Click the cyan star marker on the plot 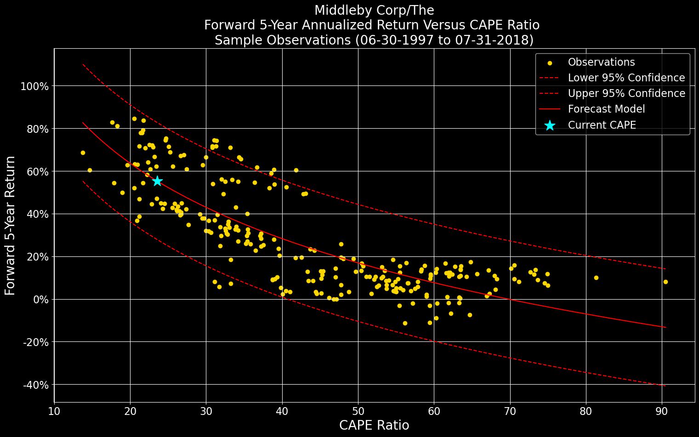157,181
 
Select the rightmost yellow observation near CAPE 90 665,282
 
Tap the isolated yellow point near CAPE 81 596,278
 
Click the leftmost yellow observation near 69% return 83,153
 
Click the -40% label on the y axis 35,385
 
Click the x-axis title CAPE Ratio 374,426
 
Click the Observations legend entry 601,62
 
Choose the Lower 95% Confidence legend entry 626,78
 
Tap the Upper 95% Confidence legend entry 626,93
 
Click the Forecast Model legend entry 606,109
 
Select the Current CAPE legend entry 602,125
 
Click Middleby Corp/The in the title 374,10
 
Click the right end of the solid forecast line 665,327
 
